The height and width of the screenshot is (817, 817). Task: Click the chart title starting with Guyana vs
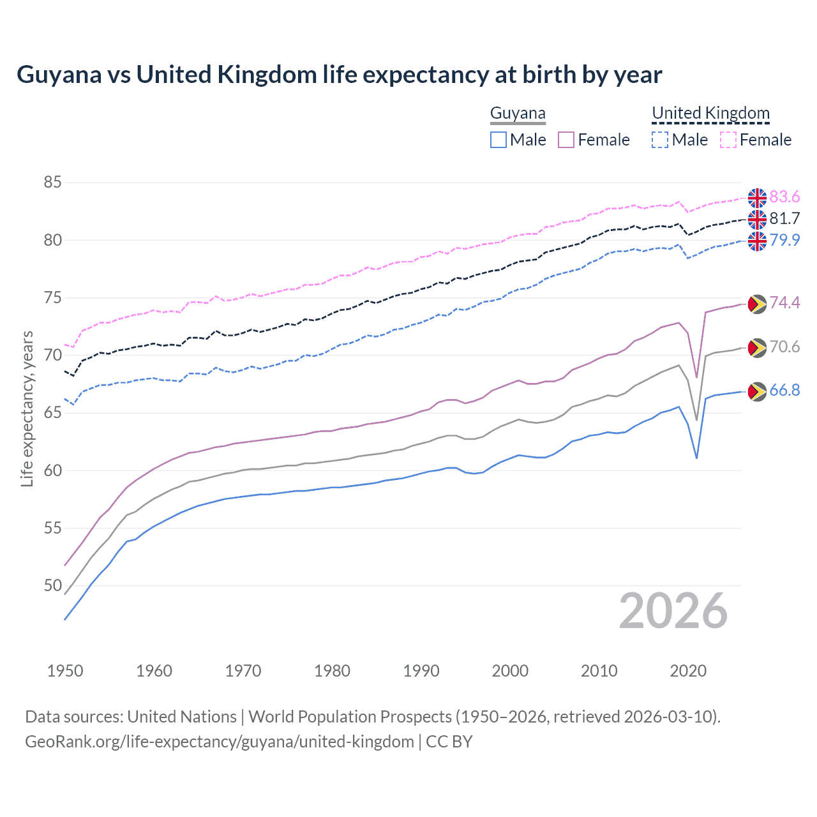[x=339, y=75]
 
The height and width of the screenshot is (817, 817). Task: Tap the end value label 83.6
[x=784, y=197]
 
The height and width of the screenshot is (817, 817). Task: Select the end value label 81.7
[x=784, y=218]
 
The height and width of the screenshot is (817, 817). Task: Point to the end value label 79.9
[x=784, y=240]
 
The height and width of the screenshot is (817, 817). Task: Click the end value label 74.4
[x=784, y=303]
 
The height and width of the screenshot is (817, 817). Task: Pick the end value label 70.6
[x=784, y=347]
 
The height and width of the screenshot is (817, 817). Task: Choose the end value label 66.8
[x=784, y=390]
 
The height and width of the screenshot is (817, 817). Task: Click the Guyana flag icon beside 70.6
[x=757, y=348]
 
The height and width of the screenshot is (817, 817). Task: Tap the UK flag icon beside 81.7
[x=757, y=220]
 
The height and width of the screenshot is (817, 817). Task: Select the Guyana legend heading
[x=518, y=114]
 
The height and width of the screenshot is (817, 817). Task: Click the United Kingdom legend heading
[x=710, y=114]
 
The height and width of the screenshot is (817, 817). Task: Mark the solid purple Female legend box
[x=566, y=140]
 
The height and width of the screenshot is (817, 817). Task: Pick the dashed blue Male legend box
[x=660, y=140]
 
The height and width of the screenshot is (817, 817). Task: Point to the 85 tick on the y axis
[x=52, y=183]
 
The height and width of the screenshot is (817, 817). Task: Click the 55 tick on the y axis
[x=52, y=528]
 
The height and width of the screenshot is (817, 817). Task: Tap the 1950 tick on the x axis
[x=65, y=671]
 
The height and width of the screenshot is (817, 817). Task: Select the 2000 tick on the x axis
[x=510, y=671]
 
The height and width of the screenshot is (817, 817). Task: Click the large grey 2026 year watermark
[x=673, y=611]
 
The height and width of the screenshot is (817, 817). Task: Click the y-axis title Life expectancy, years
[x=27, y=408]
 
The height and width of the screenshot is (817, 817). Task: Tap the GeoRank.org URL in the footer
[x=220, y=742]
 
